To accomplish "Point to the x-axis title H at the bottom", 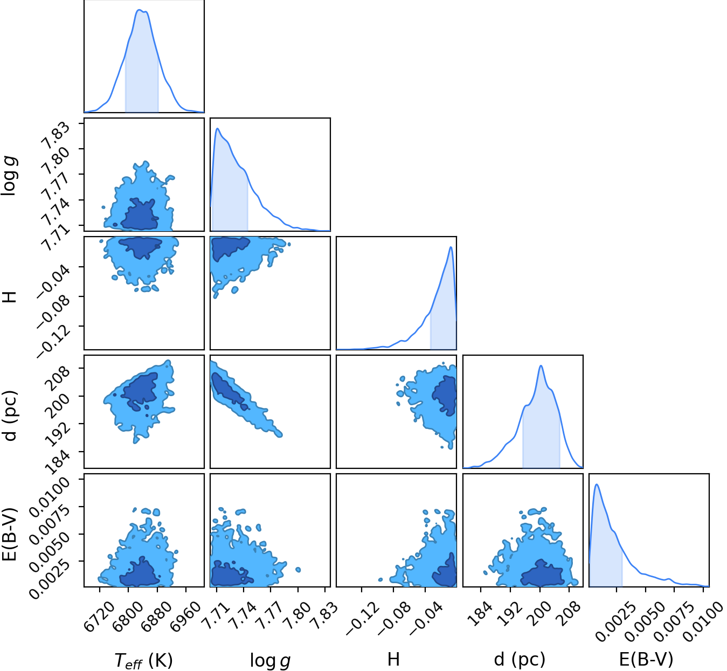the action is (x=393, y=650).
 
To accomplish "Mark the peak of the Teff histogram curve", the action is (x=140, y=10).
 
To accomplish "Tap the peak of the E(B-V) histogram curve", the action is (x=597, y=485).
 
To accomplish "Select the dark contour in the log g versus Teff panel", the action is (x=139, y=216).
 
